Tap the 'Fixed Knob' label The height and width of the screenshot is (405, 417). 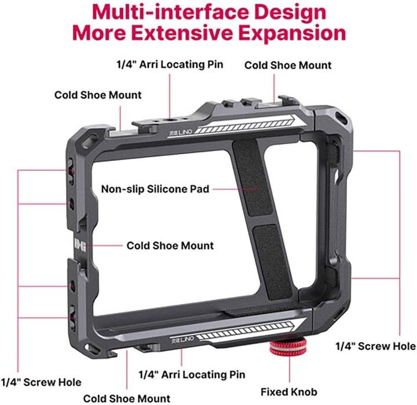(289, 392)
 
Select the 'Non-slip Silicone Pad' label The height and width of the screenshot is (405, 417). (155, 189)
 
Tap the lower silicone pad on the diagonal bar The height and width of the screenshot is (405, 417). (273, 262)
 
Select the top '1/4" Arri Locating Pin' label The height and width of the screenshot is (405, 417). (170, 64)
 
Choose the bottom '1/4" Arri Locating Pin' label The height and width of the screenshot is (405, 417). (192, 374)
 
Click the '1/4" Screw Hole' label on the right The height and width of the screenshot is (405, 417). (375, 346)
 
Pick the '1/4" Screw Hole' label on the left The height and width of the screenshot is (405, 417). (41, 382)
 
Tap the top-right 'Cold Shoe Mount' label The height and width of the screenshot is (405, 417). (288, 65)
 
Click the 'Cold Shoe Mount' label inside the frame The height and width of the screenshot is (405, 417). (170, 245)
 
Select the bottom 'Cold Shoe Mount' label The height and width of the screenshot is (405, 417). (127, 399)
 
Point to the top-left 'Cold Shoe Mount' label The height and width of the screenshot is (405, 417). (98, 95)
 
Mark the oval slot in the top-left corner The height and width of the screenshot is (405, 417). (89, 140)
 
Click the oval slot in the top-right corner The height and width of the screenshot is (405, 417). (341, 117)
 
